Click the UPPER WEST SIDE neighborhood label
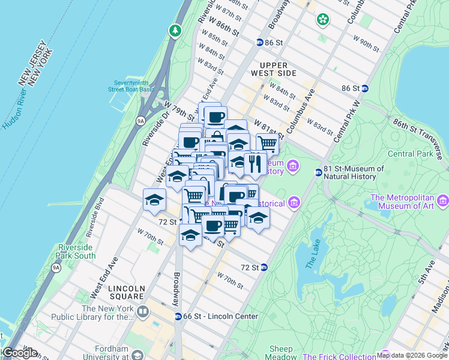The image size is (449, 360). (x=278, y=69)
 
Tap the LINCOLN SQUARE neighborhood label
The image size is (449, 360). (x=127, y=292)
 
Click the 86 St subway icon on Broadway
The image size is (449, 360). (x=260, y=43)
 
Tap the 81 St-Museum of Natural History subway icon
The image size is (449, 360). (x=319, y=173)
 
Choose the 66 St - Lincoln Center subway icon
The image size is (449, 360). (x=178, y=316)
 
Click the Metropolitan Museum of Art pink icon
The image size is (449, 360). (x=443, y=200)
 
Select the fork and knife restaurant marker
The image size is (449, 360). (x=255, y=163)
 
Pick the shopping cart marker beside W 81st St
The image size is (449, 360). (x=267, y=143)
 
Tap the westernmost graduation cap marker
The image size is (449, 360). (x=154, y=199)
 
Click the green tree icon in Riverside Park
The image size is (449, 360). (x=175, y=30)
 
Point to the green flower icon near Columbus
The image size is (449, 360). (x=324, y=19)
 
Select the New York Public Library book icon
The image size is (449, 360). (x=143, y=311)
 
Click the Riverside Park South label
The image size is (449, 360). (x=77, y=251)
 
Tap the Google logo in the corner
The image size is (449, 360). (x=20, y=353)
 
